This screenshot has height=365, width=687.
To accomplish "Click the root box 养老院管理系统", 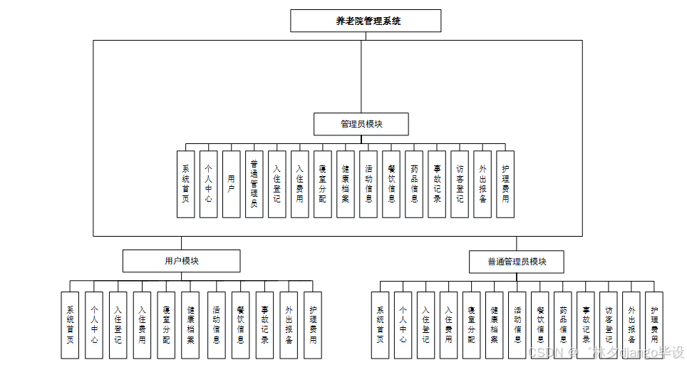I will click(x=366, y=21).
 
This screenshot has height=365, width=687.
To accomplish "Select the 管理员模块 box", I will click(x=361, y=124).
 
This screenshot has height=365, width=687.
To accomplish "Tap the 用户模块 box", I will click(x=181, y=261).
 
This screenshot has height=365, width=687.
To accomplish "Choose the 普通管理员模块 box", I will click(x=517, y=262).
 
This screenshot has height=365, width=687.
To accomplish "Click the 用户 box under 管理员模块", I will click(x=231, y=184).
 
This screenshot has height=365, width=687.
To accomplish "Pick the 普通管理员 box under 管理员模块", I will click(x=254, y=184).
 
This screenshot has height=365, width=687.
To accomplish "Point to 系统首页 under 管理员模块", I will click(x=185, y=184).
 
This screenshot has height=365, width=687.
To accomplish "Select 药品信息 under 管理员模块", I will click(x=414, y=184).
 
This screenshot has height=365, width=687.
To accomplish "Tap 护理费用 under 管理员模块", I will click(x=505, y=184).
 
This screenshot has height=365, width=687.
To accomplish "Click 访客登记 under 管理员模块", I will click(x=460, y=184).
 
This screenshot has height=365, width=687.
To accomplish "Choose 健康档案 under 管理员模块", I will click(x=345, y=184).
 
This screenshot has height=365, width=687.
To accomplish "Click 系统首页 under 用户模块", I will click(x=70, y=324).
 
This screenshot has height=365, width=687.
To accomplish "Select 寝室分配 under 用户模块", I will click(x=166, y=324).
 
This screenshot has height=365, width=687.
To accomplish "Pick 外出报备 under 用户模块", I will click(x=289, y=324).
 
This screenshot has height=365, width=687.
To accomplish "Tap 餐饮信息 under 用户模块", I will click(x=240, y=324).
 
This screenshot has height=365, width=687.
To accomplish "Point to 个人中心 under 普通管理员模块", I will click(x=403, y=324).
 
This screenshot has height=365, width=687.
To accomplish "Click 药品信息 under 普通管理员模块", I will click(x=563, y=324).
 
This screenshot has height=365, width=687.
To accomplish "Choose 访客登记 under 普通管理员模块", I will click(x=609, y=324).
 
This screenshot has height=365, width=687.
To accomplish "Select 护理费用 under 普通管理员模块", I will click(x=654, y=324).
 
